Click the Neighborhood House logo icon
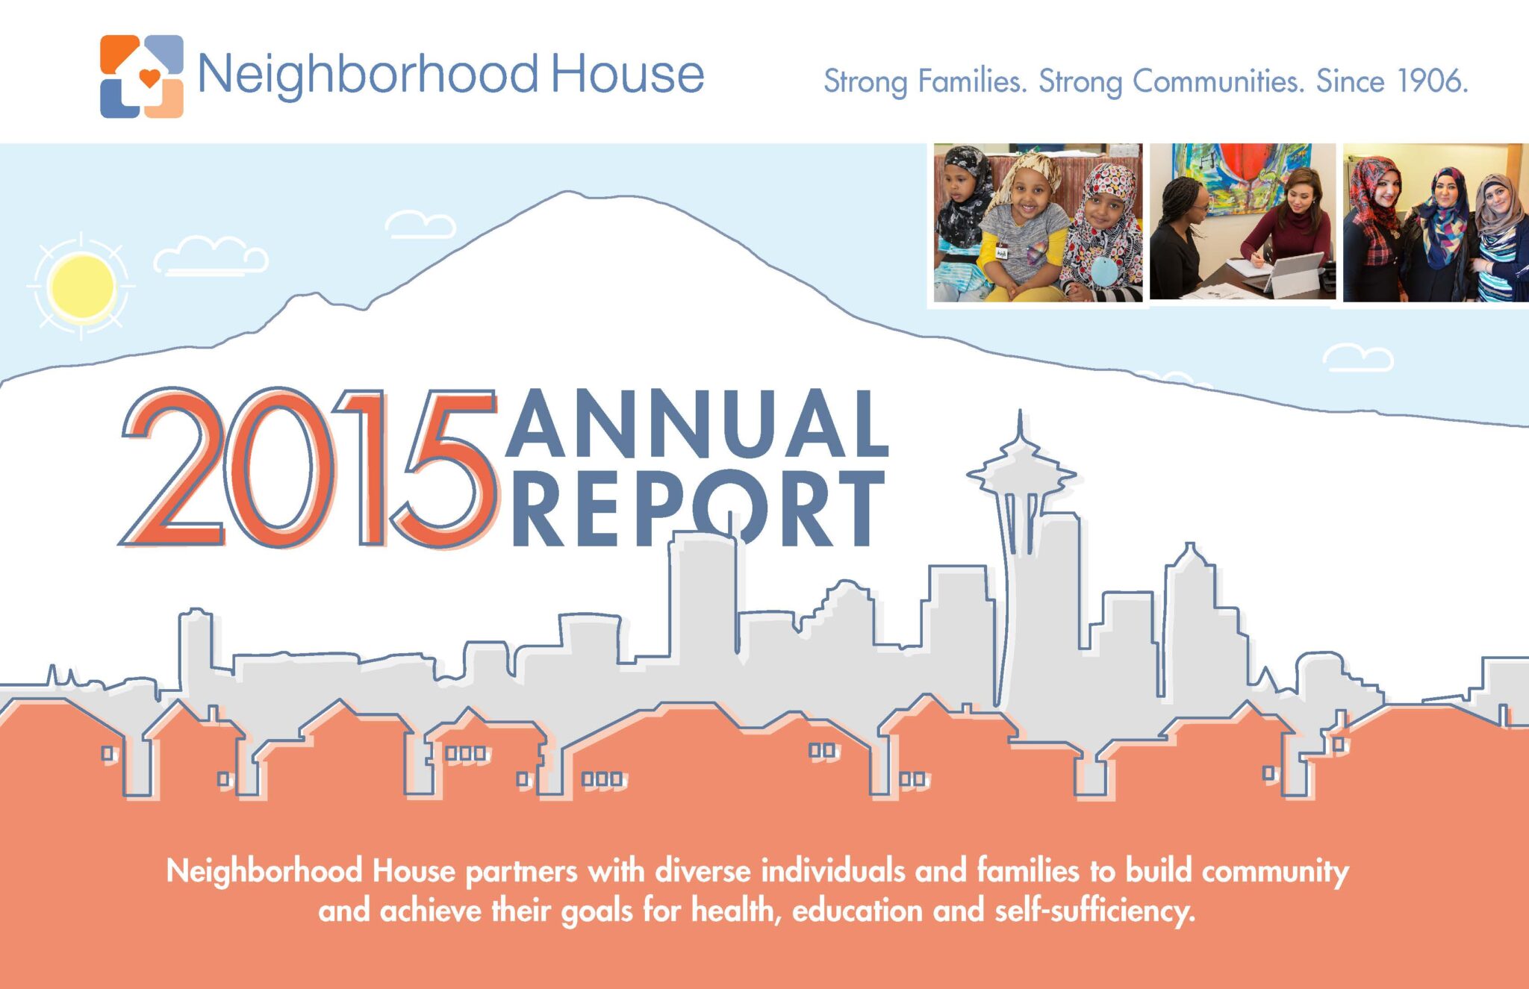tap(142, 76)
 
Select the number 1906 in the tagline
tap(1432, 81)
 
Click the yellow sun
tap(81, 286)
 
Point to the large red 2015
tap(308, 468)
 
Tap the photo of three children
tap(1038, 222)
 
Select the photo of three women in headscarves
tap(1435, 222)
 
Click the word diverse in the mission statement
tap(703, 871)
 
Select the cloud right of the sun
tap(211, 256)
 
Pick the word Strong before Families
tap(865, 81)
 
